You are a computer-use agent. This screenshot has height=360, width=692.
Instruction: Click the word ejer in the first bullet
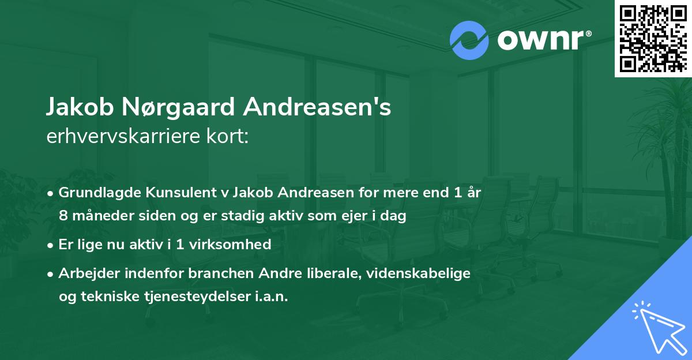pos(356,217)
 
